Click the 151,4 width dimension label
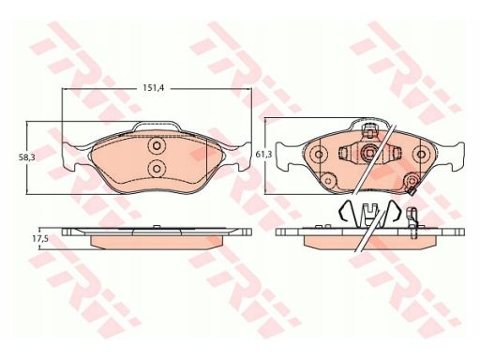(x=154, y=88)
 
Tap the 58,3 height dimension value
(x=27, y=157)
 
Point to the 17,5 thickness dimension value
(x=40, y=239)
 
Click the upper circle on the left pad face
(x=157, y=145)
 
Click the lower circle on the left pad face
(x=157, y=169)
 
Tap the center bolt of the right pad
(x=369, y=153)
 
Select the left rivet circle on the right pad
(x=319, y=154)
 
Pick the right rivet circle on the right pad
(x=420, y=154)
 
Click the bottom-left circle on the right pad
(x=328, y=180)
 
